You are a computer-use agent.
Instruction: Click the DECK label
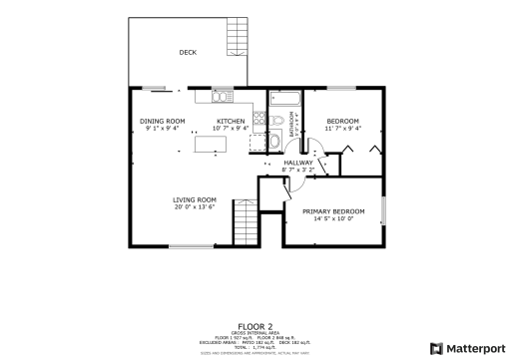187,53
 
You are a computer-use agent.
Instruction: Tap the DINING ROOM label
162,121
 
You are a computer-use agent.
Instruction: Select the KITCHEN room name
232,121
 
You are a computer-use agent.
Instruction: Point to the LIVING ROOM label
195,199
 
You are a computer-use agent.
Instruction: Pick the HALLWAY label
298,163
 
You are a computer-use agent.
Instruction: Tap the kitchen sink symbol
221,97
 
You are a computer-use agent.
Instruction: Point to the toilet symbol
275,123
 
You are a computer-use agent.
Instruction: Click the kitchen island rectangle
211,145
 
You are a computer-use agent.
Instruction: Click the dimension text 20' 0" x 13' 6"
195,207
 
